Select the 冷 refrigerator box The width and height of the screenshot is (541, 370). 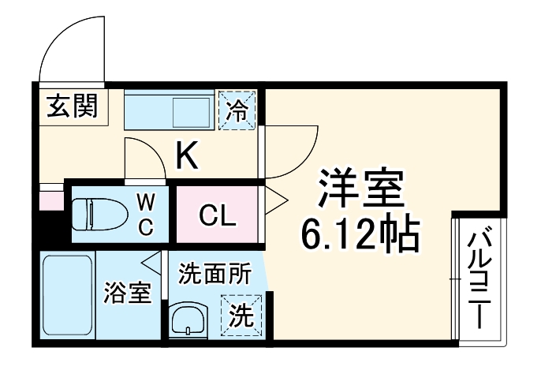click(237, 110)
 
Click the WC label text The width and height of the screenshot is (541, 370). click(147, 213)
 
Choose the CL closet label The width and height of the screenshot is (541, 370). click(217, 214)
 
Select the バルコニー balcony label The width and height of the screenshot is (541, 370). click(479, 280)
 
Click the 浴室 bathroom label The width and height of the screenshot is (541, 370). click(129, 293)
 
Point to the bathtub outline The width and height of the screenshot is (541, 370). click(67, 297)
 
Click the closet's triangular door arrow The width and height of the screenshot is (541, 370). click(275, 201)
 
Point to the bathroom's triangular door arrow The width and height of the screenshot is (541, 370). click(152, 261)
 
